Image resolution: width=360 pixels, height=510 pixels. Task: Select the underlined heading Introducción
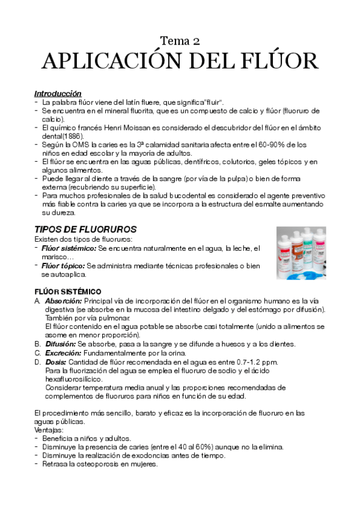tap(58, 94)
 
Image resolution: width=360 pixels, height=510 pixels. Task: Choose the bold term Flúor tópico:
tap(64, 265)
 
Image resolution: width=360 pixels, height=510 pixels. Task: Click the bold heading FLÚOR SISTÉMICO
tap(71, 292)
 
